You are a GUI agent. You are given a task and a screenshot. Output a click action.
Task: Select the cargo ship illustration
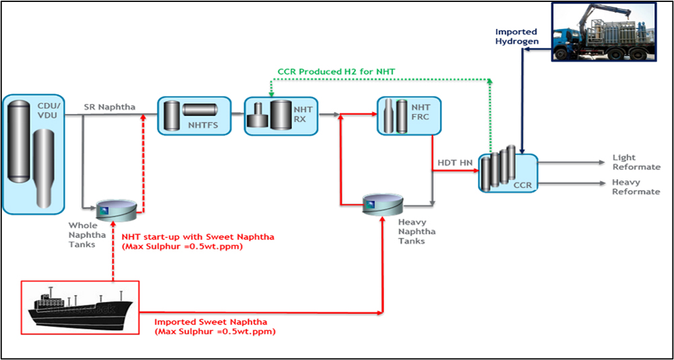click(x=79, y=307)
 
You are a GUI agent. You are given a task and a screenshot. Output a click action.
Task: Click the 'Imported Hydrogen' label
click(x=516, y=36)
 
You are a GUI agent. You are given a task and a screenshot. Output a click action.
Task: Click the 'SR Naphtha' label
click(x=109, y=107)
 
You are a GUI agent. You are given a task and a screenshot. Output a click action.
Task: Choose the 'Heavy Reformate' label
click(x=636, y=187)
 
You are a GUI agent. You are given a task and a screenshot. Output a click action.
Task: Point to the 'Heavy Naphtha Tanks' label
click(x=417, y=231)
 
